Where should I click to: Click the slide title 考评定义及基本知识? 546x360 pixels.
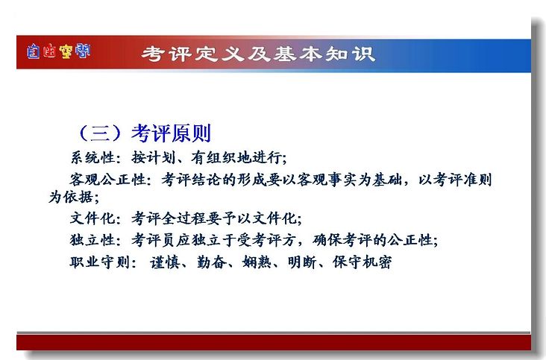tap(258, 54)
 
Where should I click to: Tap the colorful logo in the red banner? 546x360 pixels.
tap(58, 51)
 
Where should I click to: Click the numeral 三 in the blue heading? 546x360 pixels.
tap(100, 133)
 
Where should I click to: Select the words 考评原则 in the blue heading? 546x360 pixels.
tap(172, 133)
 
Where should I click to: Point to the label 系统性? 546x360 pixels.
tap(93, 157)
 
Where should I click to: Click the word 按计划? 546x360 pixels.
tap(153, 157)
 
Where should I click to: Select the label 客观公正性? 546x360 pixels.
tap(107, 180)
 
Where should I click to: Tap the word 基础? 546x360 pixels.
tap(388, 180)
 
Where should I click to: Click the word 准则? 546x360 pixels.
tap(477, 180)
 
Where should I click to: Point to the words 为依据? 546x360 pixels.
tap(71, 197)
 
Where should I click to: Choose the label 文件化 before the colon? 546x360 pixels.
tap(92, 218)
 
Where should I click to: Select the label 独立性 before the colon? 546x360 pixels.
tap(92, 240)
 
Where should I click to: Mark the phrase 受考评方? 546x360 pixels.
tap(267, 240)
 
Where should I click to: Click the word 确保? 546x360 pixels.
tap(327, 240)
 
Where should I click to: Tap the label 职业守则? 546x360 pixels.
tap(100, 262)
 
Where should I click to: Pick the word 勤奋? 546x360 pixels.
tap(212, 262)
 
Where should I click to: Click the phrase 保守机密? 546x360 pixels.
tap(363, 262)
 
